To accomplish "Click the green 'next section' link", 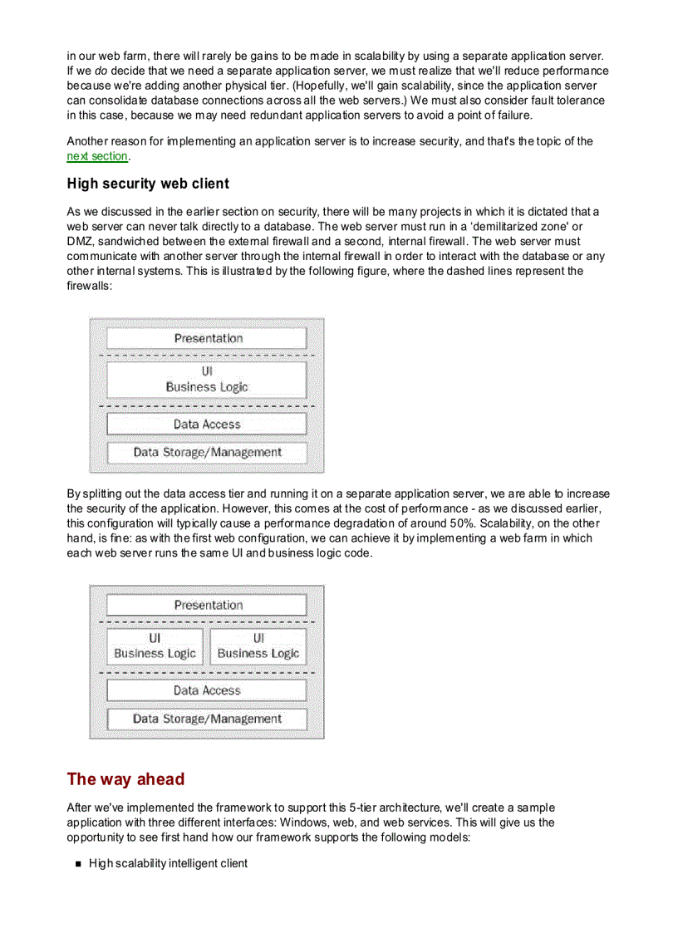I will (x=97, y=155).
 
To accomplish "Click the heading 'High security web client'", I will (x=148, y=184).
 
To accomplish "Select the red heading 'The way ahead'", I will (x=125, y=779).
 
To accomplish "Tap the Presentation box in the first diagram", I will (x=207, y=338).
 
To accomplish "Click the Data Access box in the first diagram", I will (x=207, y=424).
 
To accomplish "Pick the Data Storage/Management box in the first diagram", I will (x=207, y=453).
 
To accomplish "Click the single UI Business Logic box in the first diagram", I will (x=207, y=380).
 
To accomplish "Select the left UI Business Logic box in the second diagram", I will (x=155, y=646).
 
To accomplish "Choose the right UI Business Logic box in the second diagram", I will (x=258, y=646).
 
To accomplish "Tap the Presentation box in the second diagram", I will (x=207, y=605).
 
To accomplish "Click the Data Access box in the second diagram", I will (x=207, y=690).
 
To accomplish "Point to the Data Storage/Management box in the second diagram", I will (x=207, y=719).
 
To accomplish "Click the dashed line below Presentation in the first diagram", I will (x=207, y=356).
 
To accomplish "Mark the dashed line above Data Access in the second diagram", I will (x=207, y=671).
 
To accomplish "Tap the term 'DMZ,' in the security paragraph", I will (x=80, y=241).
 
